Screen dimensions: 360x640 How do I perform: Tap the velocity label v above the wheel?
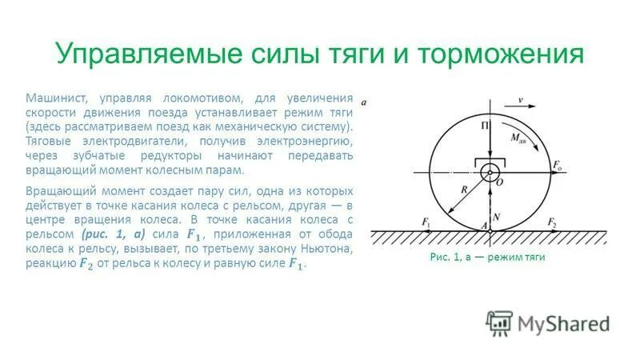[x=520, y=100]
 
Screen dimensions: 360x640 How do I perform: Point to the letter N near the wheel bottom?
[x=496, y=217]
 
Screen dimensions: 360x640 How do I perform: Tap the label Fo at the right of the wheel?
[x=557, y=165]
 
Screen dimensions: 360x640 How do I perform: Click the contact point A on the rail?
[x=484, y=226]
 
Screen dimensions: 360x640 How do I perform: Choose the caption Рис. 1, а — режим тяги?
[x=487, y=258]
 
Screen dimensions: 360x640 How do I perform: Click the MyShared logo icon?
[x=498, y=322]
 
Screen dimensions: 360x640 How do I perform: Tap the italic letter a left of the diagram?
[x=364, y=102]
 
